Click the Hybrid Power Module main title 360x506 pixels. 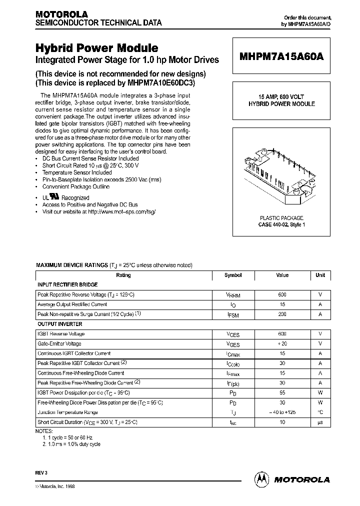(x=96, y=48)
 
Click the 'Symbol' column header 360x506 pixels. (x=233, y=275)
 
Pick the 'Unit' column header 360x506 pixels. (x=320, y=275)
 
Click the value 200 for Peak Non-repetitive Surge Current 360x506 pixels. (x=282, y=314)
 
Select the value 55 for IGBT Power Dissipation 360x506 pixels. (x=282, y=392)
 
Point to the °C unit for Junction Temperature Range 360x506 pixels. (x=320, y=412)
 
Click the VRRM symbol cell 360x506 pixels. (x=233, y=295)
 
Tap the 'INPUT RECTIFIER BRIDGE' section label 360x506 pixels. (x=68, y=284)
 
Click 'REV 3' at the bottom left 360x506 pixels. (x=41, y=471)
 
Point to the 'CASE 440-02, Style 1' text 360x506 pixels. (x=281, y=225)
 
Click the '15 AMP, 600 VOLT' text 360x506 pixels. (x=281, y=97)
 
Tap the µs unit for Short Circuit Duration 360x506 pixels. (x=320, y=422)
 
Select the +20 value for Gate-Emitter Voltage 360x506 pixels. (x=282, y=344)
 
